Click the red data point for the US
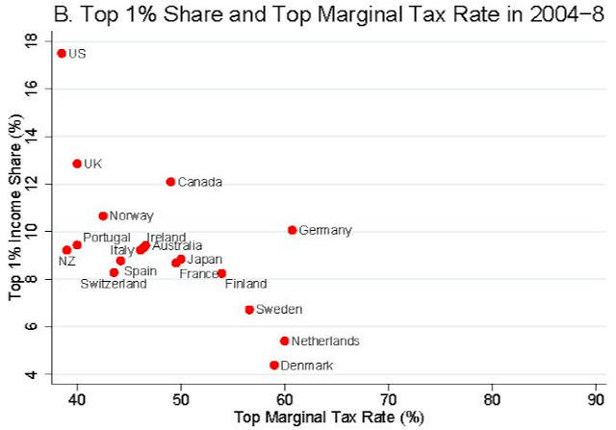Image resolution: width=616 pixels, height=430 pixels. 62,54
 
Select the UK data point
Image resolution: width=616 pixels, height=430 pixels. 77,164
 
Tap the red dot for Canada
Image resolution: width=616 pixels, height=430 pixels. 170,181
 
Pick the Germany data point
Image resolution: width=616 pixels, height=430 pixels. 293,230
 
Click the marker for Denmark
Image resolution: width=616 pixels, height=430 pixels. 274,366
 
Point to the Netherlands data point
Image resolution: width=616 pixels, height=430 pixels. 285,341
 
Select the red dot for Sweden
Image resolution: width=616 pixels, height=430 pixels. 249,310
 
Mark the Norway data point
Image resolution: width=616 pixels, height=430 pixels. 103,216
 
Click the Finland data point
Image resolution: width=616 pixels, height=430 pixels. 221,273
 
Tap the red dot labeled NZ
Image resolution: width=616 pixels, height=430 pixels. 66,250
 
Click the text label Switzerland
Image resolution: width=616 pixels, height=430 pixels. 114,285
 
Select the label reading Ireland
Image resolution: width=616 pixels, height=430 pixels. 167,238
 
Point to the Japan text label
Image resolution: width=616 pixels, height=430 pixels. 205,260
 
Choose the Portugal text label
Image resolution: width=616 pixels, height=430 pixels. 107,238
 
